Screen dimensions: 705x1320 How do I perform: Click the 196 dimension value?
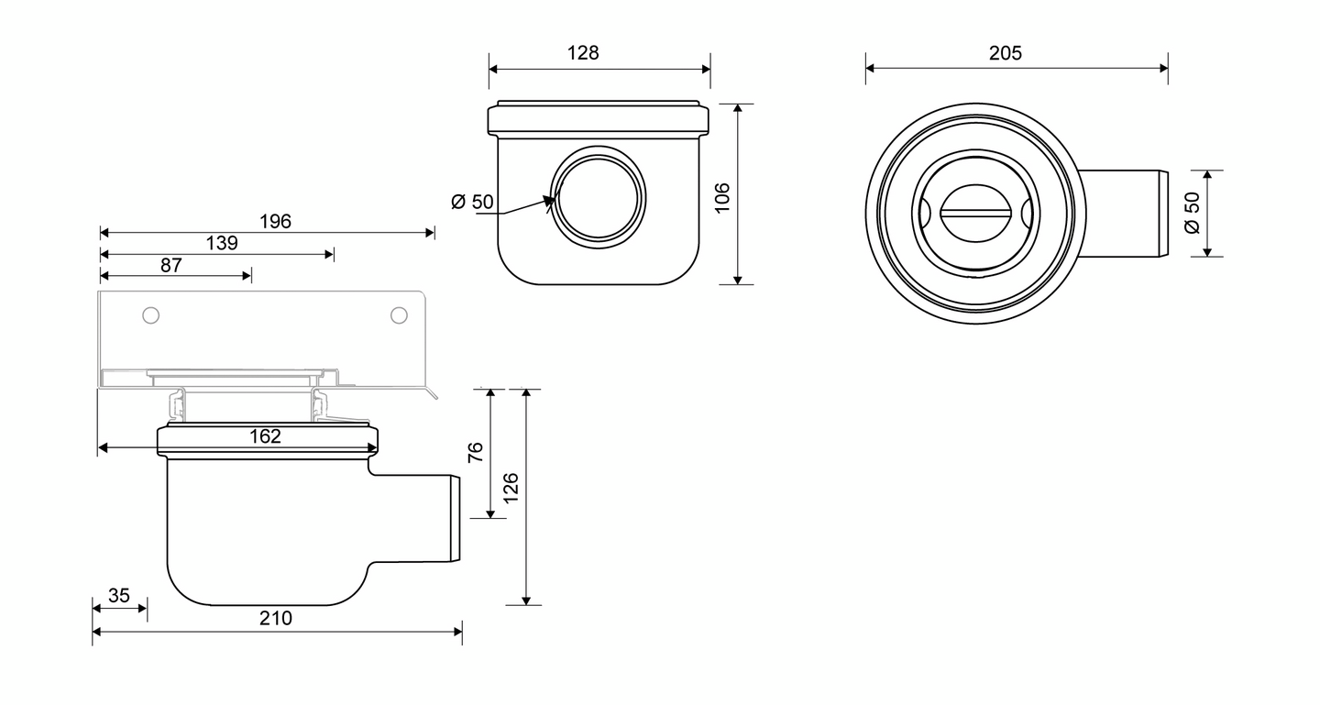[275, 221]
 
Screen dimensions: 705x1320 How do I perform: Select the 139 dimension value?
[221, 243]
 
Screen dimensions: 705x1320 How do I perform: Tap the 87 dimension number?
[171, 265]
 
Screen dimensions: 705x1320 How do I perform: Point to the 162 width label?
[266, 436]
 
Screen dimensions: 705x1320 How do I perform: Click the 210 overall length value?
[275, 619]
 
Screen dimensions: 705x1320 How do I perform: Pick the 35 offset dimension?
[119, 596]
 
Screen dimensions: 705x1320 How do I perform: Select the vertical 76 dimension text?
[476, 453]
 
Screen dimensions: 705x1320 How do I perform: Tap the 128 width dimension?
[582, 53]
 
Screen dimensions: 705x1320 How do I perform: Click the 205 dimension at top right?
[1005, 53]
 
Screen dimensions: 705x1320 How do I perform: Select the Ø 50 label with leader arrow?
[473, 202]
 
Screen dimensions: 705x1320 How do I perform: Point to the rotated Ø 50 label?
[1192, 212]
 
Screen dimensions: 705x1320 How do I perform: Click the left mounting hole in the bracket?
[151, 315]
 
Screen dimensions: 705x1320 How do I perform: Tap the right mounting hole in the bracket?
[399, 315]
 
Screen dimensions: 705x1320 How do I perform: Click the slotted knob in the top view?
[976, 213]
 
